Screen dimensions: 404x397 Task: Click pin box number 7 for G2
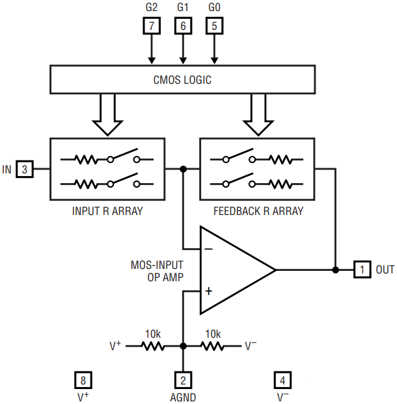[151, 26]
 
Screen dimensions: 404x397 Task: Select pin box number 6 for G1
[183, 26]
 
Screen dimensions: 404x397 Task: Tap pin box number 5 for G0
[215, 26]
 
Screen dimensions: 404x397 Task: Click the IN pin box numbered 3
[25, 170]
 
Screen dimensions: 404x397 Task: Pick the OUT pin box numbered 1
[363, 269]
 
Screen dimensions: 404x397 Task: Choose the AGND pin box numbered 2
[183, 381]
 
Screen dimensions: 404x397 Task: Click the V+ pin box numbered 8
[83, 381]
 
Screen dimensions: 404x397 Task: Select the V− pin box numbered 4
[282, 381]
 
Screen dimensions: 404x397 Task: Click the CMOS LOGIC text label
[182, 81]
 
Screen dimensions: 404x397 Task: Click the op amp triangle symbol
[234, 269]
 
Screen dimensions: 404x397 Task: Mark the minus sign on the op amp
[208, 248]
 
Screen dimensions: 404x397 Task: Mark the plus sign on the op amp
[208, 290]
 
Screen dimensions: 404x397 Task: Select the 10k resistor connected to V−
[213, 346]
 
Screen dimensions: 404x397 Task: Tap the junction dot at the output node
[336, 269]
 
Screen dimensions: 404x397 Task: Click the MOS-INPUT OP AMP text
[157, 270]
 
